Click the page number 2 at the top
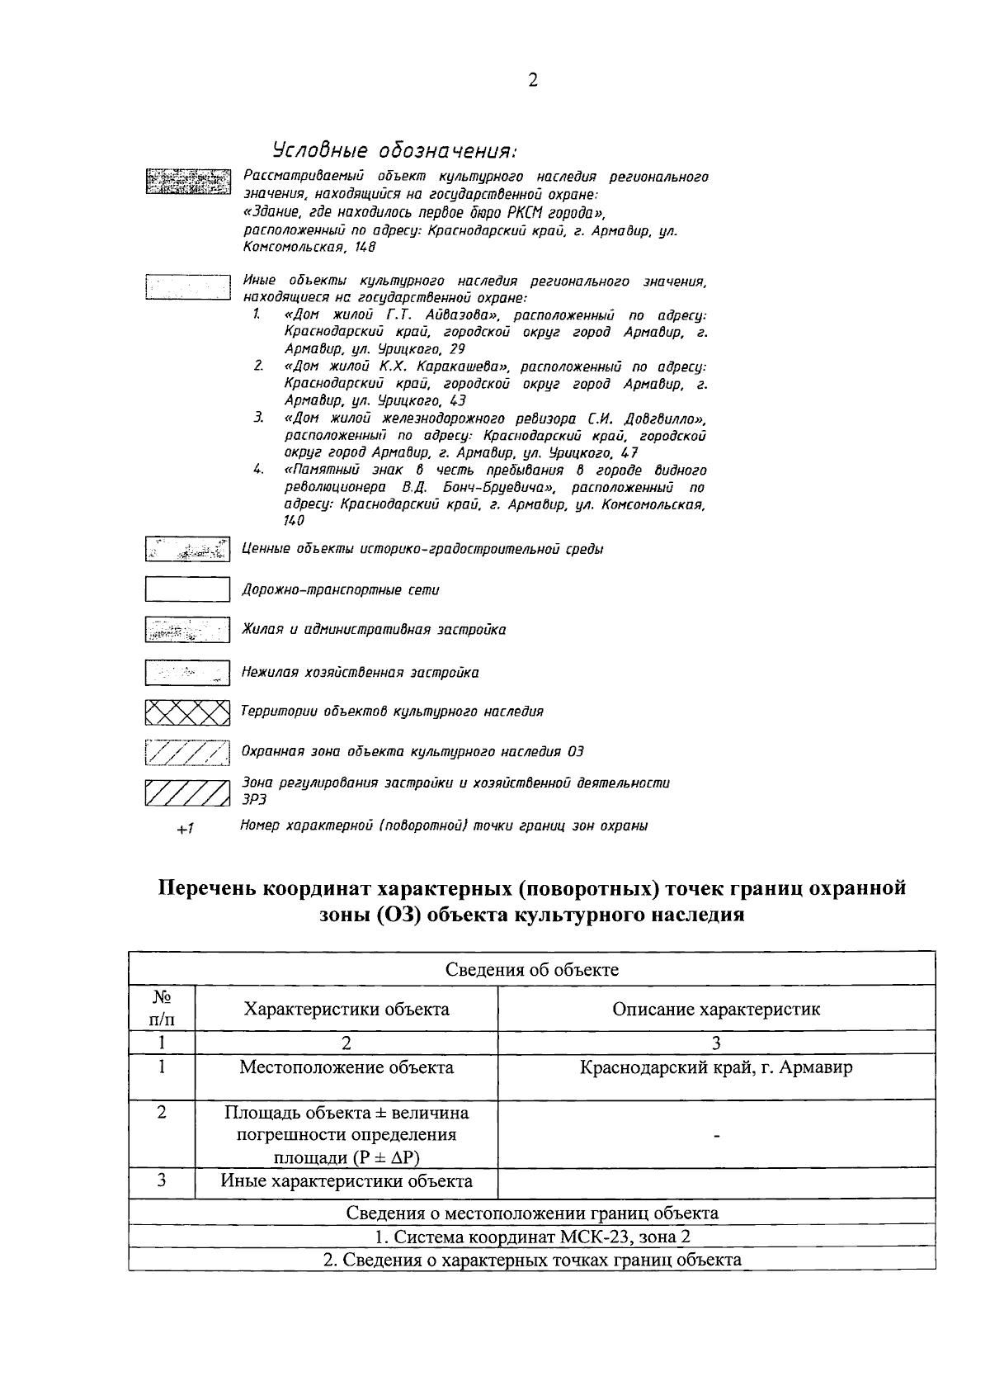pos(532,80)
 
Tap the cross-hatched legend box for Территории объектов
pos(187,711)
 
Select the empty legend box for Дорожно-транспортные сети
pos(187,589)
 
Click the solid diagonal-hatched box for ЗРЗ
pos(187,792)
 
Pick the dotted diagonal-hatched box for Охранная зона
pos(187,752)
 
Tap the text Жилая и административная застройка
pos(374,630)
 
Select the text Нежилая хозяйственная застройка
pos(360,673)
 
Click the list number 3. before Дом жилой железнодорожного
pos(258,419)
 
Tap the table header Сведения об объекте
pos(532,969)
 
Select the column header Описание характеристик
pos(716,1009)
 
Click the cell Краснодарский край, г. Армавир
pos(716,1067)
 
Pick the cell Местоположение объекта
pos(346,1067)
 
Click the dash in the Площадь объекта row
pos(716,1137)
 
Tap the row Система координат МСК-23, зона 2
pos(532,1237)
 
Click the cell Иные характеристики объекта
pos(346,1180)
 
